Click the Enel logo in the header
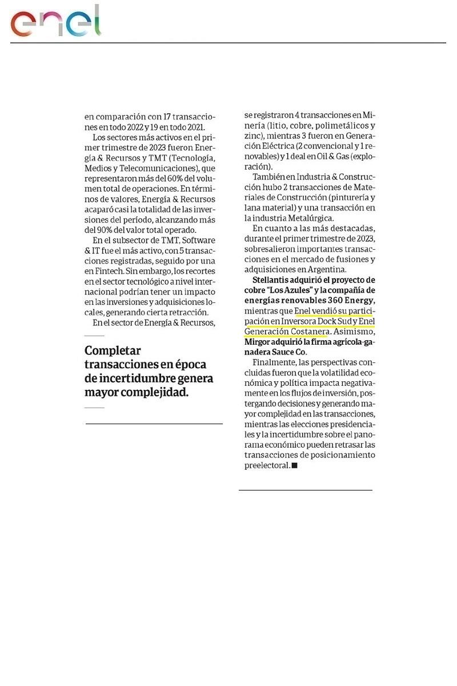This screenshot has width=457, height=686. coord(55,21)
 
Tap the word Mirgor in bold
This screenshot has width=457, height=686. coord(258,342)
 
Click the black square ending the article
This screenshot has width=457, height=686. coord(295,465)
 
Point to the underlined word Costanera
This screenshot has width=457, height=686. coord(308,332)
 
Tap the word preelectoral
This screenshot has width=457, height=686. coord(266,465)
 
